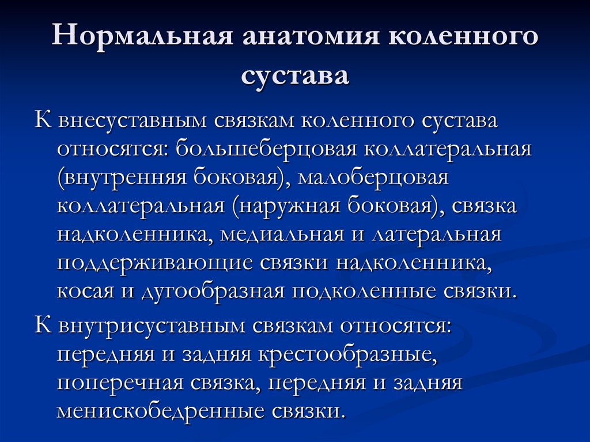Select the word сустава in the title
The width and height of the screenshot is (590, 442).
point(295,75)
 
